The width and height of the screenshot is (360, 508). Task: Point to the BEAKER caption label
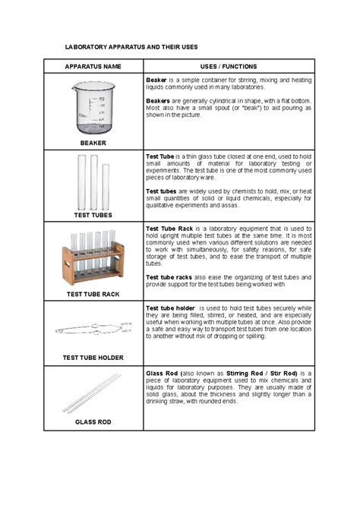(93, 142)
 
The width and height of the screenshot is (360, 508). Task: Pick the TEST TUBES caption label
(93, 215)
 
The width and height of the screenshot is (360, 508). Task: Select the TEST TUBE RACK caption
(93, 293)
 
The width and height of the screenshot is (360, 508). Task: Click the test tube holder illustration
(93, 330)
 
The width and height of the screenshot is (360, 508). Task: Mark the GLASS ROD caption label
(93, 421)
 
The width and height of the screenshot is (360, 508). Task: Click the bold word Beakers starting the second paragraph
(160, 99)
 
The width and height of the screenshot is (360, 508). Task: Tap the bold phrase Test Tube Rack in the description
(171, 227)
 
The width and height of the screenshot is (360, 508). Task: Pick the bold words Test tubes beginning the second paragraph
(162, 191)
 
